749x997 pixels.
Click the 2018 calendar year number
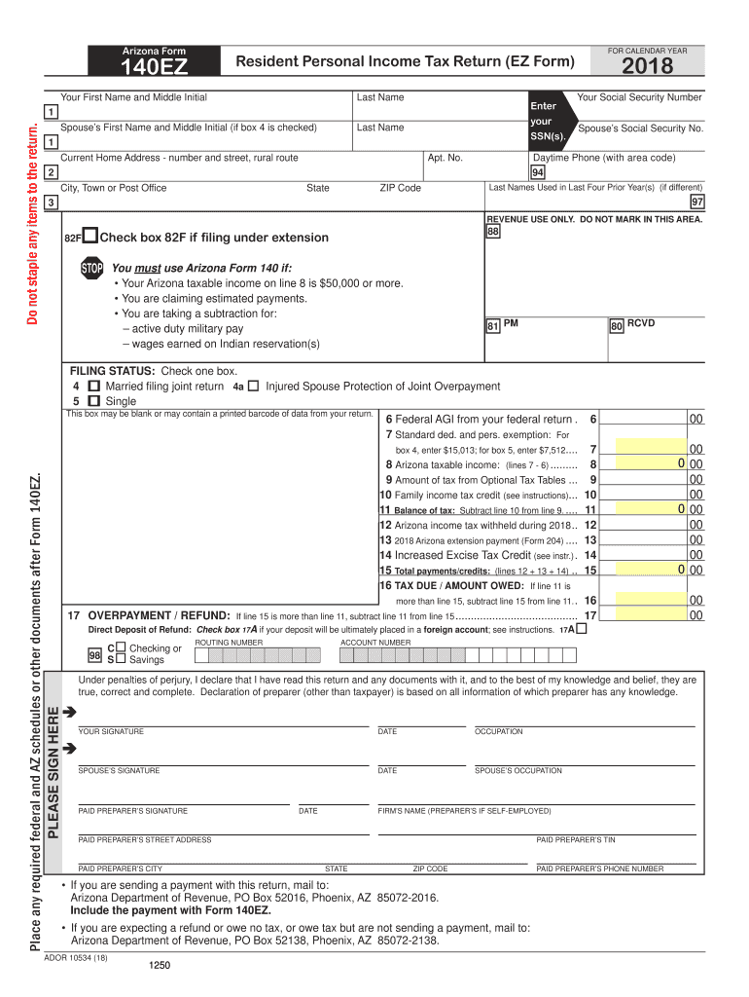(640, 66)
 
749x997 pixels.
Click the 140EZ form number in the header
(155, 67)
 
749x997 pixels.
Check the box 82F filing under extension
(89, 237)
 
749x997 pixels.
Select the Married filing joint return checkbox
(94, 387)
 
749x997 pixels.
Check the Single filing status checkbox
(94, 401)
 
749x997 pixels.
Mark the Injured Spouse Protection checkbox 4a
(253, 387)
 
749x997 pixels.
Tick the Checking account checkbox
(120, 647)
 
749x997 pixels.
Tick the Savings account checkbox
(120, 660)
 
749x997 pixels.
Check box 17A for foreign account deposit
(582, 631)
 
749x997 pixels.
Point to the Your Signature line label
(111, 732)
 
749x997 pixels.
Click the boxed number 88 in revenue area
(493, 233)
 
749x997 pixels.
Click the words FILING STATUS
(113, 371)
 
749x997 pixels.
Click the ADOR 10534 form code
(76, 957)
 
